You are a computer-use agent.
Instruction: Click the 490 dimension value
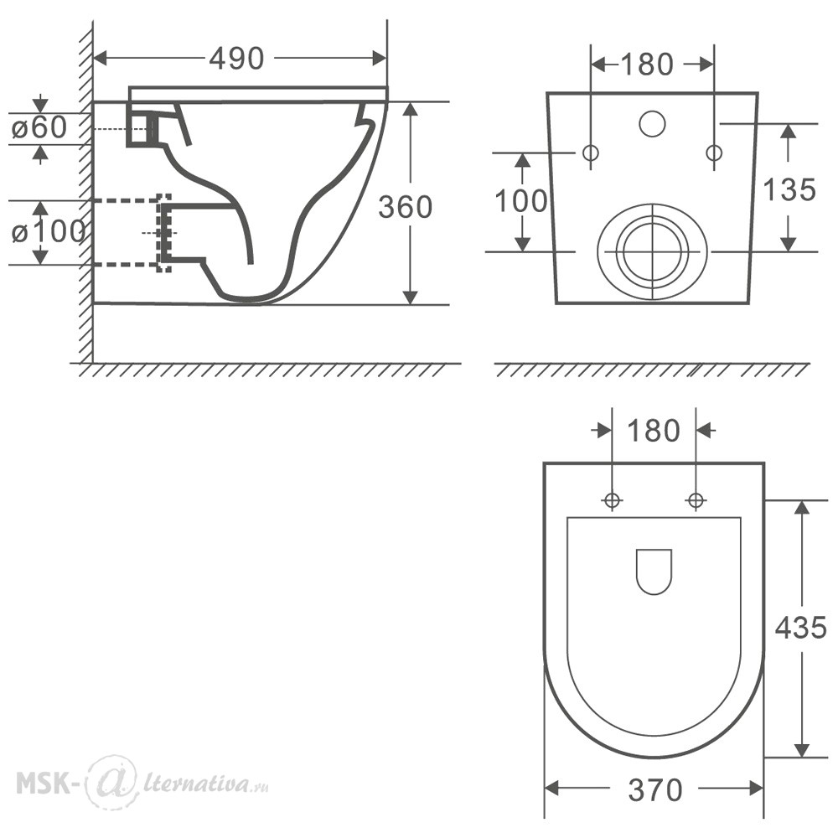click(x=237, y=59)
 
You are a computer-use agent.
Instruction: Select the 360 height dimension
click(x=405, y=207)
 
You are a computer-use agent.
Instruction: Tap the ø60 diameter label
click(x=39, y=127)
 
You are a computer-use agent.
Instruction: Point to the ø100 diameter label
click(x=48, y=231)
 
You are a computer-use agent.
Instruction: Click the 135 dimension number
click(x=789, y=189)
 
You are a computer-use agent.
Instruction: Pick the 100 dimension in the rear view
click(x=521, y=201)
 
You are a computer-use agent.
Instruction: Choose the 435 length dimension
click(x=800, y=627)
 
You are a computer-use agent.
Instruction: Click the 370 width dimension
click(x=655, y=790)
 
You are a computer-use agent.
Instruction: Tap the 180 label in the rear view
click(x=647, y=65)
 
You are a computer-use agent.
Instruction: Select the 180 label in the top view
click(x=653, y=431)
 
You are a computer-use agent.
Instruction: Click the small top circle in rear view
click(x=652, y=123)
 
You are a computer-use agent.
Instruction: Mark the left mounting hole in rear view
click(x=591, y=153)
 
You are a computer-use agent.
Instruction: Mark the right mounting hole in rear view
click(x=714, y=153)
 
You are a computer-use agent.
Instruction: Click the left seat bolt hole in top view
click(x=612, y=501)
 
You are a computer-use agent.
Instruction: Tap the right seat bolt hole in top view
click(x=696, y=501)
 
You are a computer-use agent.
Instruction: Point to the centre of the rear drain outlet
click(x=653, y=251)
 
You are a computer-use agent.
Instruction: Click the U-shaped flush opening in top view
click(x=654, y=572)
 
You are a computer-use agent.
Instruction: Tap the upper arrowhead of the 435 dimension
click(x=800, y=507)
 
